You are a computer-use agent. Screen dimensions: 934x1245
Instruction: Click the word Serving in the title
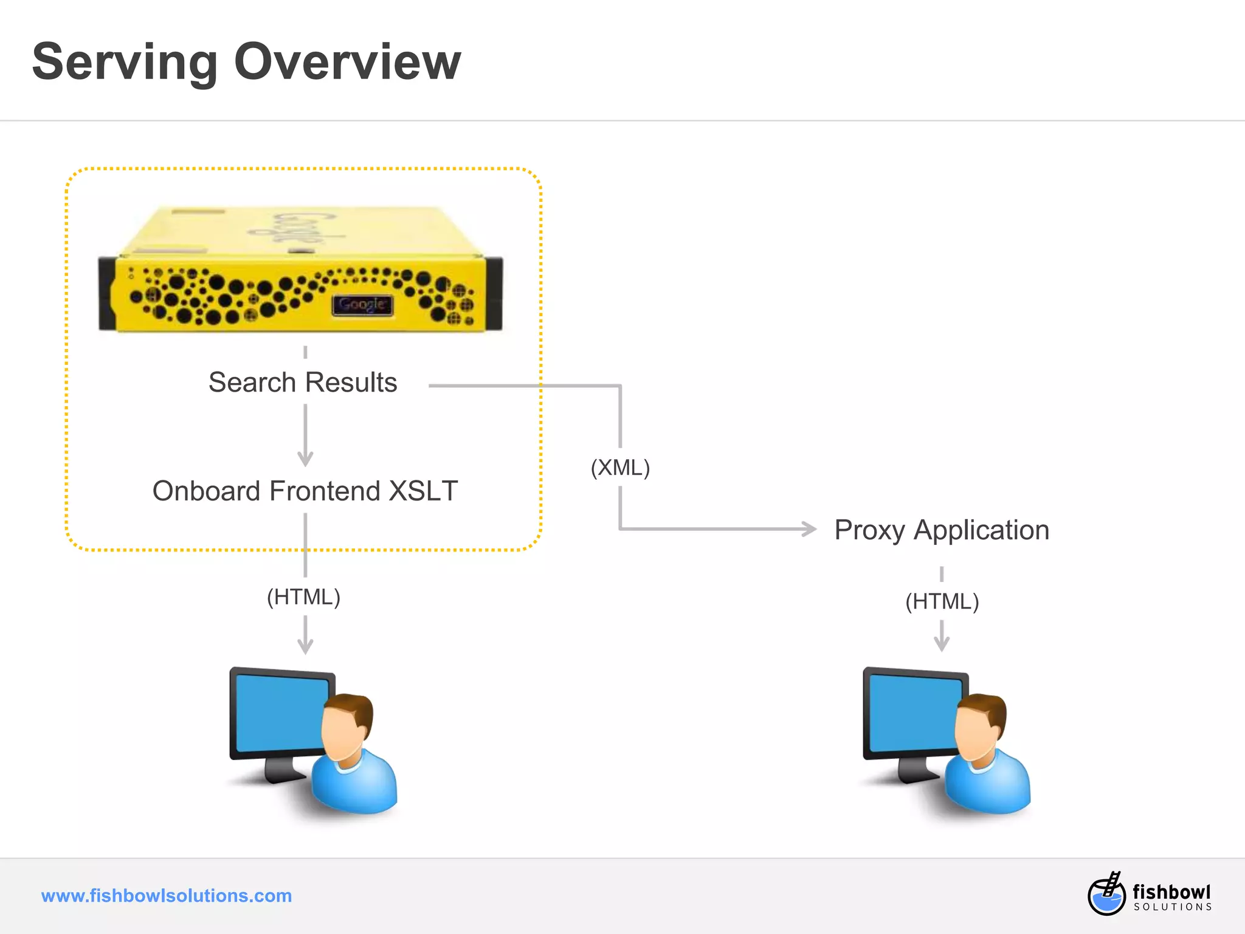[125, 62]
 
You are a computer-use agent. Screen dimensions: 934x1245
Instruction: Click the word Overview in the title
[347, 62]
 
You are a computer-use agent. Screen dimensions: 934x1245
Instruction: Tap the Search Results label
[303, 382]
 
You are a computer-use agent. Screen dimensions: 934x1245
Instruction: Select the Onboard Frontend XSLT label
[305, 491]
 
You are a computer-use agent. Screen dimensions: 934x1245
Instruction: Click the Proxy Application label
[942, 530]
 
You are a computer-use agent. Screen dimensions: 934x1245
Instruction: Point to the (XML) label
[620, 468]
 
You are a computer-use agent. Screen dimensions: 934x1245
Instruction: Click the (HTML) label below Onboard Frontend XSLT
[304, 597]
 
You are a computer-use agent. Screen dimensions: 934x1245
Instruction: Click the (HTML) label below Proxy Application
[942, 601]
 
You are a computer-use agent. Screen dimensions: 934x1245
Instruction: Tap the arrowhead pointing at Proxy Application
[809, 529]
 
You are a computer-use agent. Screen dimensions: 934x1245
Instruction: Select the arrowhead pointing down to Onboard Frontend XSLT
[305, 458]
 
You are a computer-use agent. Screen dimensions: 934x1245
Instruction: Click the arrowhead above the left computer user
[305, 645]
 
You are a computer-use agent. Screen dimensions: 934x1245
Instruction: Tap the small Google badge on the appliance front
[362, 305]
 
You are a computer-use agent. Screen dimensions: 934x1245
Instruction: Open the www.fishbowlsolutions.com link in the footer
[167, 896]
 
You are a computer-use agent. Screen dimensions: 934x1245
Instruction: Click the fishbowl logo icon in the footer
[1106, 894]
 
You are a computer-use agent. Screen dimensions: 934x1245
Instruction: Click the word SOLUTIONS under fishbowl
[1173, 907]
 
